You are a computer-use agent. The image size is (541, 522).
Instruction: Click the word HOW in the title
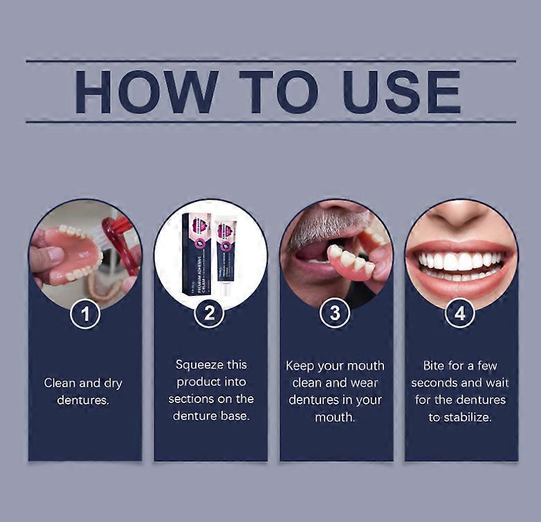click(x=147, y=92)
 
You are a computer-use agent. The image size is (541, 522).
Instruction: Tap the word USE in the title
click(x=402, y=92)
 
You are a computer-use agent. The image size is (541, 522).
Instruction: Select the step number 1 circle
click(x=85, y=315)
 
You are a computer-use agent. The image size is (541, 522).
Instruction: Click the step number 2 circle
click(x=210, y=315)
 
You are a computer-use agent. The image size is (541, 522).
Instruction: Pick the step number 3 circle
click(x=335, y=315)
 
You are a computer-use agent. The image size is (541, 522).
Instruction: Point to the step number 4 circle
click(x=460, y=315)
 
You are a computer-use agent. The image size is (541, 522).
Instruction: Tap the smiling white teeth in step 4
click(x=460, y=261)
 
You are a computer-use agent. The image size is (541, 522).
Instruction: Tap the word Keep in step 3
click(x=301, y=365)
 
